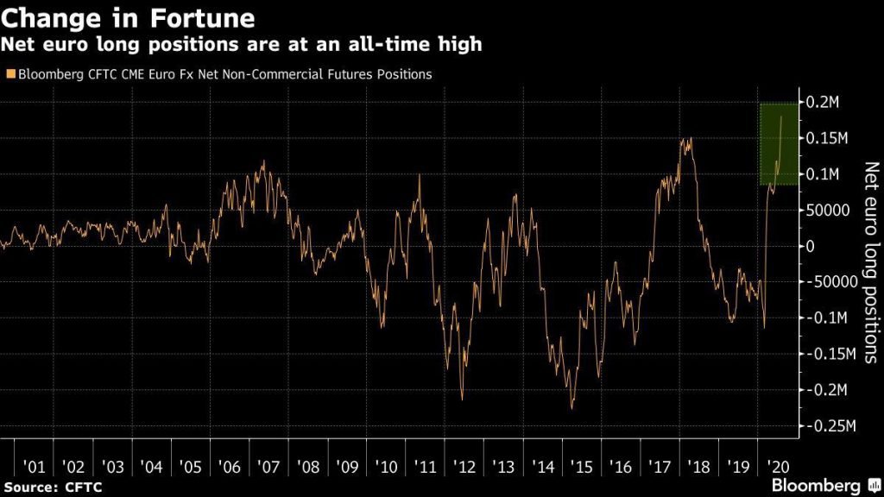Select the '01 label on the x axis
tap(35, 469)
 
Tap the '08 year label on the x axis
tap(309, 469)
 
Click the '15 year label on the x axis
tap(584, 469)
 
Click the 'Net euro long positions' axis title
tap(869, 264)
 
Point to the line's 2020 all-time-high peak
tap(781, 116)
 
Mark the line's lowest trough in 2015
tap(571, 408)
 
